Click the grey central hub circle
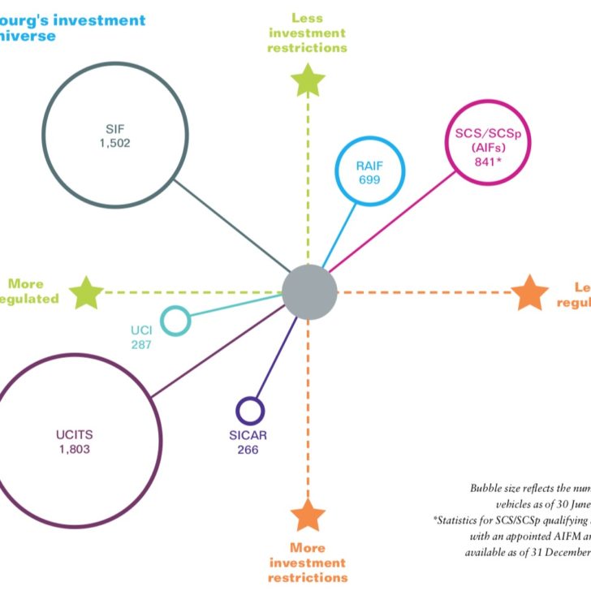pyautogui.click(x=309, y=291)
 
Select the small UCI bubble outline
pyautogui.click(x=175, y=320)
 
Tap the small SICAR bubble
pyautogui.click(x=249, y=410)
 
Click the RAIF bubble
pyautogui.click(x=369, y=172)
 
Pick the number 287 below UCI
pyautogui.click(x=141, y=344)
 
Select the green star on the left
pyautogui.click(x=86, y=292)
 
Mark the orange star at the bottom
pyautogui.click(x=308, y=516)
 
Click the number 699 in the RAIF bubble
pyautogui.click(x=369, y=179)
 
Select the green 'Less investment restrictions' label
pyautogui.click(x=308, y=32)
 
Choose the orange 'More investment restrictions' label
pyautogui.click(x=308, y=562)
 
